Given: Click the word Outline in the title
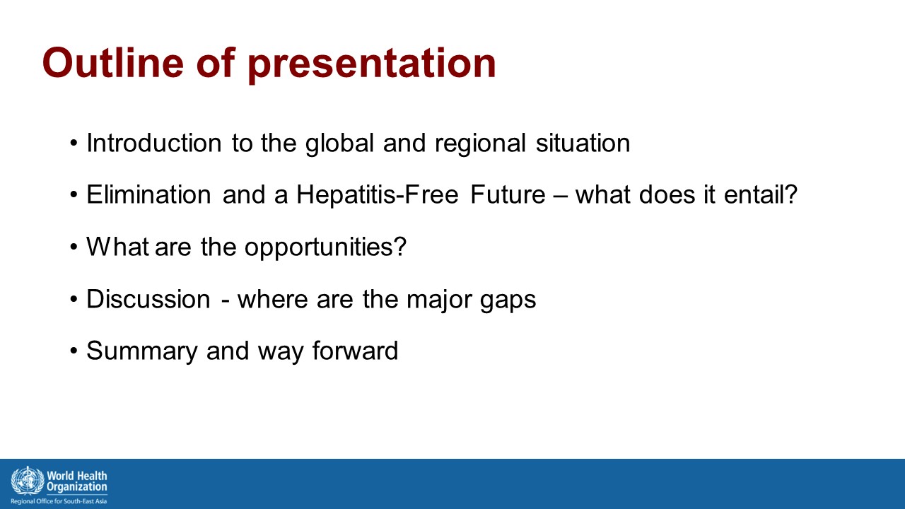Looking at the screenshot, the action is tap(113, 63).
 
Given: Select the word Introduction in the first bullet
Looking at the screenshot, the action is tap(154, 143).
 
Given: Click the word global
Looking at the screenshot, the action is tap(339, 144).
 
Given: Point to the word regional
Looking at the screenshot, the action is tap(480, 144).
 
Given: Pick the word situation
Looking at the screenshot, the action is tap(583, 143).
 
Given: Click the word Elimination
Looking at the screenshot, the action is tap(148, 194).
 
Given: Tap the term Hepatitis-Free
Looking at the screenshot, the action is tap(378, 194).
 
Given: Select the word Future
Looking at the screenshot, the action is tap(508, 194).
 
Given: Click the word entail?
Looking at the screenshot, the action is tap(761, 194).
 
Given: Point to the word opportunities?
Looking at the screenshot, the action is tap(325, 247).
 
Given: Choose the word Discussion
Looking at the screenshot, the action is tap(148, 299).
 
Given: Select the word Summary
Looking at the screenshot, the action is tap(142, 351).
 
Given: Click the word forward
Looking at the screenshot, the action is tap(355, 350).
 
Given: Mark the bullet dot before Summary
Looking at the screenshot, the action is tap(73, 351).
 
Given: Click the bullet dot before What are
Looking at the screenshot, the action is tap(73, 247).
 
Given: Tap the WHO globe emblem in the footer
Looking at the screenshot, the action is tap(28, 481).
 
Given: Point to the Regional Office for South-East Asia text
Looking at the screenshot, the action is tap(59, 501).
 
